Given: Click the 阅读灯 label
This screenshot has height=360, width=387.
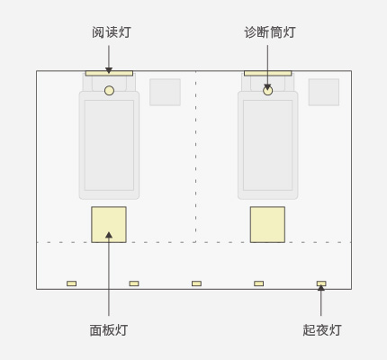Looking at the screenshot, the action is pyautogui.click(x=112, y=32).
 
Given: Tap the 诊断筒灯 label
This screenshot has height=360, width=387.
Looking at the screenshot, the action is pyautogui.click(x=270, y=32).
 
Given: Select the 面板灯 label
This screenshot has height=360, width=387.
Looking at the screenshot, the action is pyautogui.click(x=109, y=330).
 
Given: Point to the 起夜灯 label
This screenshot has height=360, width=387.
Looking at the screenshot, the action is pyautogui.click(x=322, y=330).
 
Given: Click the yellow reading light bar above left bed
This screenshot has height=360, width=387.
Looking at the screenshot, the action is pyautogui.click(x=109, y=73).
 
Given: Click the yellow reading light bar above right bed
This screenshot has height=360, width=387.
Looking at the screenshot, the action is pyautogui.click(x=268, y=73).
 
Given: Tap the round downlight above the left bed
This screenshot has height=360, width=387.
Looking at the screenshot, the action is pyautogui.click(x=109, y=91).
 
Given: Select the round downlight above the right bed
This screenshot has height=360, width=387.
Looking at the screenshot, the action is pyautogui.click(x=268, y=91).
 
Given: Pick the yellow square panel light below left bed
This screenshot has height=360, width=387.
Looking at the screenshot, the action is pyautogui.click(x=109, y=224).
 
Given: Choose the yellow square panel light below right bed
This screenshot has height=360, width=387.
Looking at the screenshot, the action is pyautogui.click(x=267, y=224).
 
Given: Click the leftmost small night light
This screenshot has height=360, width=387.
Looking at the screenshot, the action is pyautogui.click(x=71, y=283).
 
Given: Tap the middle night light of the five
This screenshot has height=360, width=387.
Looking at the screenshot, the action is pyautogui.click(x=196, y=283).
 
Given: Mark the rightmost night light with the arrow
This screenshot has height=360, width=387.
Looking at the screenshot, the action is pyautogui.click(x=321, y=283).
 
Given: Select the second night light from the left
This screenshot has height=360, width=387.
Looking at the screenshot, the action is pyautogui.click(x=134, y=283).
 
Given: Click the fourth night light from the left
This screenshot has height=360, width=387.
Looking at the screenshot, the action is pyautogui.click(x=259, y=283).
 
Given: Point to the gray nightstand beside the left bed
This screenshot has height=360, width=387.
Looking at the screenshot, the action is pyautogui.click(x=165, y=92).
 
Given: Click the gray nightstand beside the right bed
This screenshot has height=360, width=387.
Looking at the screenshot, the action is pyautogui.click(x=324, y=92).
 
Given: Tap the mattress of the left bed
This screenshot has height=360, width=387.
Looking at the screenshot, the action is pyautogui.click(x=109, y=145).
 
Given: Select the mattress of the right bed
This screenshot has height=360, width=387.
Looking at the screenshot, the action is pyautogui.click(x=268, y=145).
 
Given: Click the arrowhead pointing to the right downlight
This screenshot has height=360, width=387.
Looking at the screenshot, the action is pyautogui.click(x=267, y=87).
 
